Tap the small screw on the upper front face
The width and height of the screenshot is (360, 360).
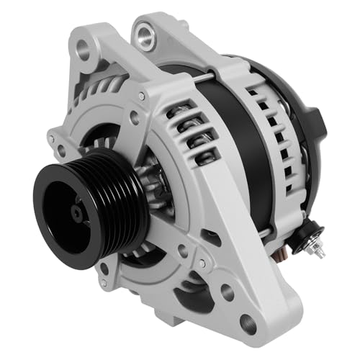click(141, 96)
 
